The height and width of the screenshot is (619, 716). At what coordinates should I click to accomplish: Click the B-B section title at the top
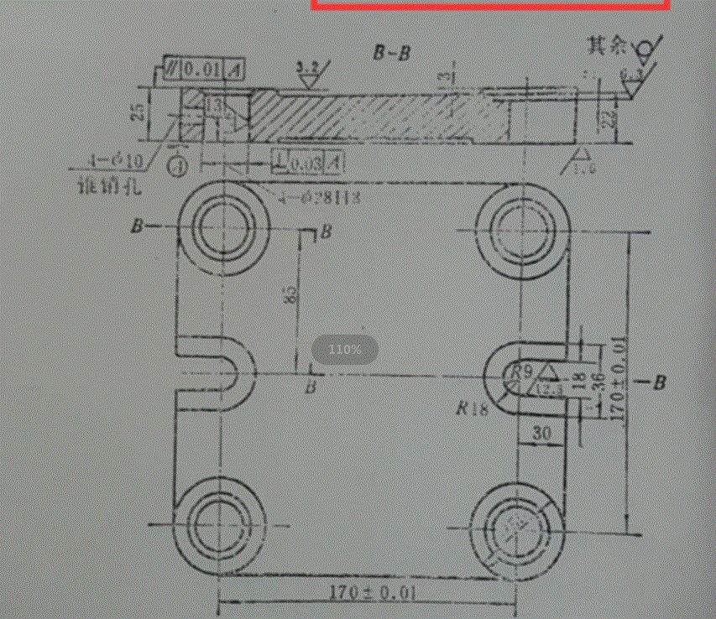(392, 52)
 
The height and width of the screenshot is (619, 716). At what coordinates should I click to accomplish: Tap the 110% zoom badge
(345, 349)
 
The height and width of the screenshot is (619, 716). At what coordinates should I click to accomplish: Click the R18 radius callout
(473, 410)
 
